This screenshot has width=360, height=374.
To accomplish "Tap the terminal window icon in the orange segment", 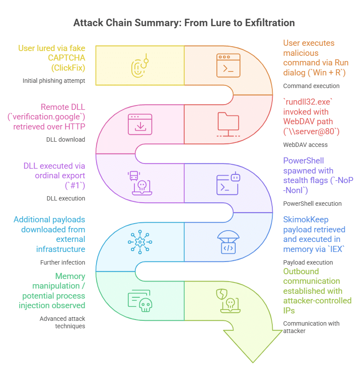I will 229,65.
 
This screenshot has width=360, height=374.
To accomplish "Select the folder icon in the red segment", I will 229,124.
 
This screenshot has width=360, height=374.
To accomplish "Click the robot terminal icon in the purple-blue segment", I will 229,183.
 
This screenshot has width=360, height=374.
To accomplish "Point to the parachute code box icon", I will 229,242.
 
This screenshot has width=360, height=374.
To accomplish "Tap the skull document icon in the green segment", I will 140,301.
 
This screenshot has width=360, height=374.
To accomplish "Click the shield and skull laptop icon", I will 228,301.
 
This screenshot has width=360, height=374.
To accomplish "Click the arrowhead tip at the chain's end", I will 253,361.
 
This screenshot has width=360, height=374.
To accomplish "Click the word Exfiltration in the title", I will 267,23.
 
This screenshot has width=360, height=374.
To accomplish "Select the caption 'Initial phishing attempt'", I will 54,81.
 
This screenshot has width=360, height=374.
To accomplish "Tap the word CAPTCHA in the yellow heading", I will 69,58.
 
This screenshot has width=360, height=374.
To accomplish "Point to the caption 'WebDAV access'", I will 305,145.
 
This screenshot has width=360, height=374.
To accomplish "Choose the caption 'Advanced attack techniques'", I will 62,322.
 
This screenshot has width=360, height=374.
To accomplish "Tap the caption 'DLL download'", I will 65,139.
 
